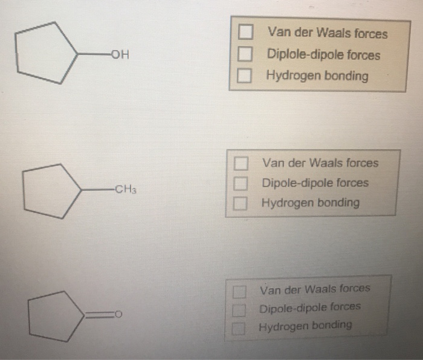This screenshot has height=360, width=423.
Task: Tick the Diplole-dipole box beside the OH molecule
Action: (245, 54)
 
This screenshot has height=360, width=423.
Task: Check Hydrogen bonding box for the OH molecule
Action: (245, 76)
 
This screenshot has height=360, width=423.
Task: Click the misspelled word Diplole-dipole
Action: (296, 55)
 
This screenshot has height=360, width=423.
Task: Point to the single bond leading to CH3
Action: (97, 189)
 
